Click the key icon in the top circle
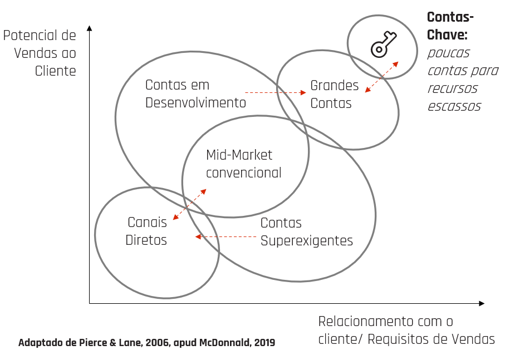(384, 44)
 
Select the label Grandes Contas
(334, 95)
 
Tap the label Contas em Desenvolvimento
(195, 94)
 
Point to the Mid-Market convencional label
(243, 164)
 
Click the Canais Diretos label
(146, 231)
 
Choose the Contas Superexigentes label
(306, 231)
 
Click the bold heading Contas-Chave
(450, 26)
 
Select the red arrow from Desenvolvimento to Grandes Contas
(277, 92)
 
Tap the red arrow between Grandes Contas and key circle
(382, 77)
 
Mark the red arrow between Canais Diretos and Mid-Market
(189, 204)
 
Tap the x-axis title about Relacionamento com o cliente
(406, 330)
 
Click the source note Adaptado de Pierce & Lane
(146, 343)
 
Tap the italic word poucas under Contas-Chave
(448, 53)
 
